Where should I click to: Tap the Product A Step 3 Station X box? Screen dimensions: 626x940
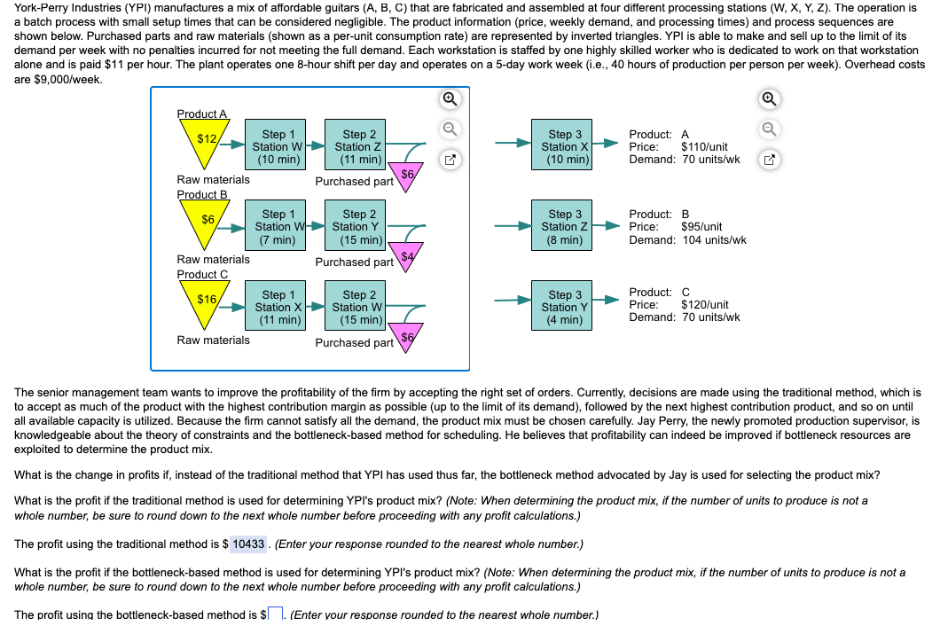click(565, 147)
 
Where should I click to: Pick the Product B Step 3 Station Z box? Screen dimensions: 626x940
click(565, 227)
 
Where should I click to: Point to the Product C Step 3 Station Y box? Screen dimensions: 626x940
click(565, 307)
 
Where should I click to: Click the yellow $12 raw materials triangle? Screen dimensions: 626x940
click(207, 142)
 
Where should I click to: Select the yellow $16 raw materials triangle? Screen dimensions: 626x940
click(207, 301)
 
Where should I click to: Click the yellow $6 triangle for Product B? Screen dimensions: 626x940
click(207, 221)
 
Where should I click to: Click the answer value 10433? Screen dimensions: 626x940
click(248, 544)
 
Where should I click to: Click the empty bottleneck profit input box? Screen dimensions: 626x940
click(275, 614)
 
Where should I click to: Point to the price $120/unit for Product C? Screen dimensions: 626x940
click(704, 305)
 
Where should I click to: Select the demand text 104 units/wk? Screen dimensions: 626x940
click(714, 239)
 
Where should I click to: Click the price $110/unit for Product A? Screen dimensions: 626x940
click(704, 147)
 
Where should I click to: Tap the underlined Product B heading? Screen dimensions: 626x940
click(202, 194)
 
